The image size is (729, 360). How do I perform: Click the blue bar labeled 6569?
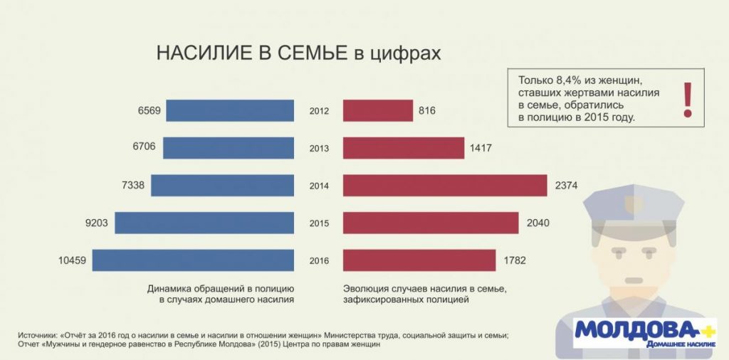(230, 110)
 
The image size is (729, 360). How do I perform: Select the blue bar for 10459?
(193, 260)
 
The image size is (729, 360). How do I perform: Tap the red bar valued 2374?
(445, 186)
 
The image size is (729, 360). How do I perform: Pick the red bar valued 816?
(378, 110)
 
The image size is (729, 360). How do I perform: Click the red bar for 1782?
(419, 260)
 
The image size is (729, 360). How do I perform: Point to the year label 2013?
(319, 149)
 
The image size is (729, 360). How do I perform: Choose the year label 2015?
(319, 223)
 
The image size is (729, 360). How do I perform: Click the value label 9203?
(95, 223)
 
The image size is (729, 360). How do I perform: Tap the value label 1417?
(481, 148)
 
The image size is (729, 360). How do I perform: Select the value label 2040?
(537, 223)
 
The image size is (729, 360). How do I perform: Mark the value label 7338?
(133, 186)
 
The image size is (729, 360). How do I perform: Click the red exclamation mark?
(687, 99)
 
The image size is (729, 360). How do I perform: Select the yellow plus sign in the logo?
(707, 329)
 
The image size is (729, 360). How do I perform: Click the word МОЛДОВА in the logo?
(637, 329)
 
